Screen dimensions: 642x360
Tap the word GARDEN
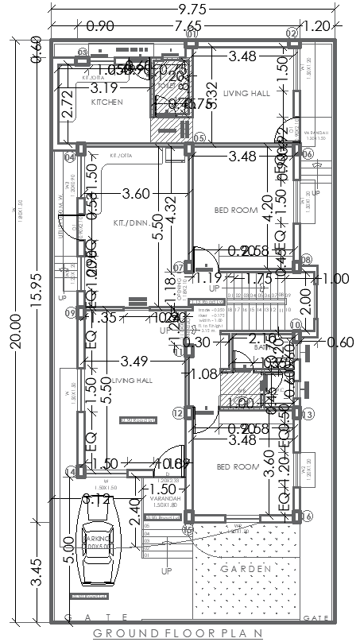[x=246, y=568]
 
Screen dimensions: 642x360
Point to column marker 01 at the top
[x=192, y=34]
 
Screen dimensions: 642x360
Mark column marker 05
[x=199, y=139]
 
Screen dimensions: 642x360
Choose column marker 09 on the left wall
[x=71, y=313]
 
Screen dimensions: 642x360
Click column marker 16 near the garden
[x=307, y=517]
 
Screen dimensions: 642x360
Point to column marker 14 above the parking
[x=70, y=473]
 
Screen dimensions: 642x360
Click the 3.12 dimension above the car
[x=96, y=499]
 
